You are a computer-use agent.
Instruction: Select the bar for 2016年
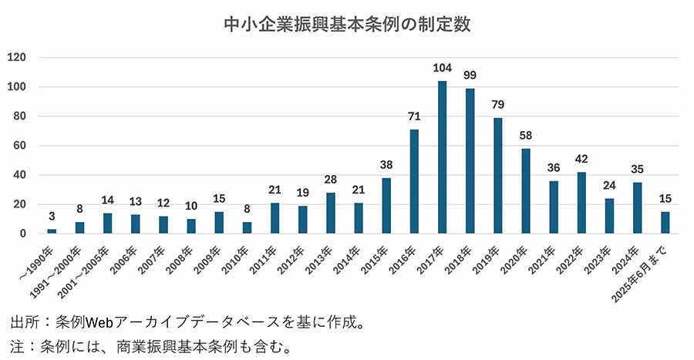tap(414, 182)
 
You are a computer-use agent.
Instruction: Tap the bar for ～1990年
tap(52, 231)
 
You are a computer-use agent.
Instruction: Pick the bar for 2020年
tap(526, 191)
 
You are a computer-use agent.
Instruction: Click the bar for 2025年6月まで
tap(665, 223)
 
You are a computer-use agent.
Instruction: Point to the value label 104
tap(442, 68)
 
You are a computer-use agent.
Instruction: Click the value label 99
tap(470, 76)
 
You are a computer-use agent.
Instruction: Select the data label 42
tap(581, 160)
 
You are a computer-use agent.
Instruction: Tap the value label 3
tap(52, 217)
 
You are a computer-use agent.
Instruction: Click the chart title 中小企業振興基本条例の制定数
tap(347, 25)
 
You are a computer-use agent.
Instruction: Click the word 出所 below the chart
tap(23, 322)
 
